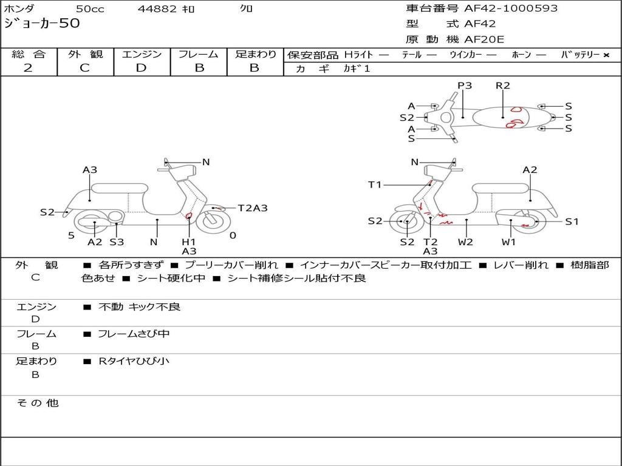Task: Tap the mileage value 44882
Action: click(x=157, y=9)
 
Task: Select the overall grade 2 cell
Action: click(x=29, y=68)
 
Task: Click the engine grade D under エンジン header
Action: click(x=142, y=68)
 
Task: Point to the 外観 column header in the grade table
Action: click(x=85, y=55)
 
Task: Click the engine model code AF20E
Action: click(x=484, y=40)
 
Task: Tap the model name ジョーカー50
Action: click(x=42, y=24)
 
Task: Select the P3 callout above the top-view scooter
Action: click(x=465, y=86)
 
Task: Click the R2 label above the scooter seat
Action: click(x=503, y=86)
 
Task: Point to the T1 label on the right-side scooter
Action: click(x=375, y=184)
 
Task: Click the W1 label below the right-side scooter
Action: click(x=508, y=242)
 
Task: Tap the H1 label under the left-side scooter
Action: click(x=189, y=241)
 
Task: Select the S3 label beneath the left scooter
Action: click(x=117, y=242)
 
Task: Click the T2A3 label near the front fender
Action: click(x=252, y=208)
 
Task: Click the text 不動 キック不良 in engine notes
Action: click(x=139, y=307)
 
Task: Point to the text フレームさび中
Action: click(x=134, y=334)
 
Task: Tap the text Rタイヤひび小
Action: click(x=134, y=361)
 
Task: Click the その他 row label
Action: click(x=38, y=403)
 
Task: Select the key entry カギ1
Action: click(x=357, y=69)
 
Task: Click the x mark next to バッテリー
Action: click(x=606, y=55)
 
